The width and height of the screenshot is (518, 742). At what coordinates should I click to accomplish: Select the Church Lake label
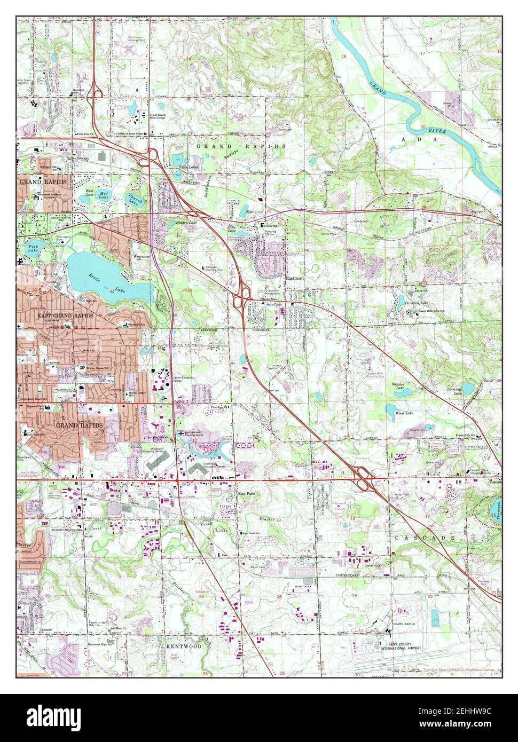(x=133, y=202)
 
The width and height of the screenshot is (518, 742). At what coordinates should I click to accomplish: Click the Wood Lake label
(x=403, y=413)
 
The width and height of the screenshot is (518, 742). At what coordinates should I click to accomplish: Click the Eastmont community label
(x=295, y=278)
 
